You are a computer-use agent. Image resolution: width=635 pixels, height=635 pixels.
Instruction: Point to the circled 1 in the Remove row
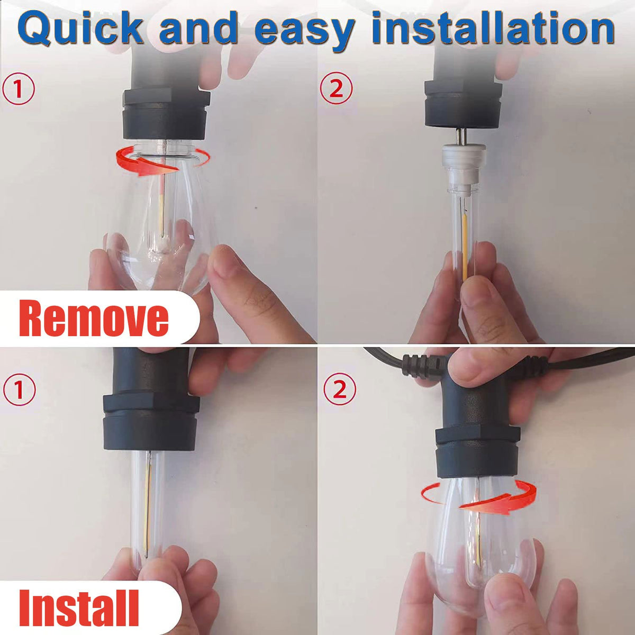point(19,89)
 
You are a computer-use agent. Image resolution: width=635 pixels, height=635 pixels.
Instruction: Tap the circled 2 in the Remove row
point(336,88)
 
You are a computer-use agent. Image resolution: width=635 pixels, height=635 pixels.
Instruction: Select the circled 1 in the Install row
point(19,389)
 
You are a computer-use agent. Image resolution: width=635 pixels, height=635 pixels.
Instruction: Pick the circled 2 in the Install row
point(340,389)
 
